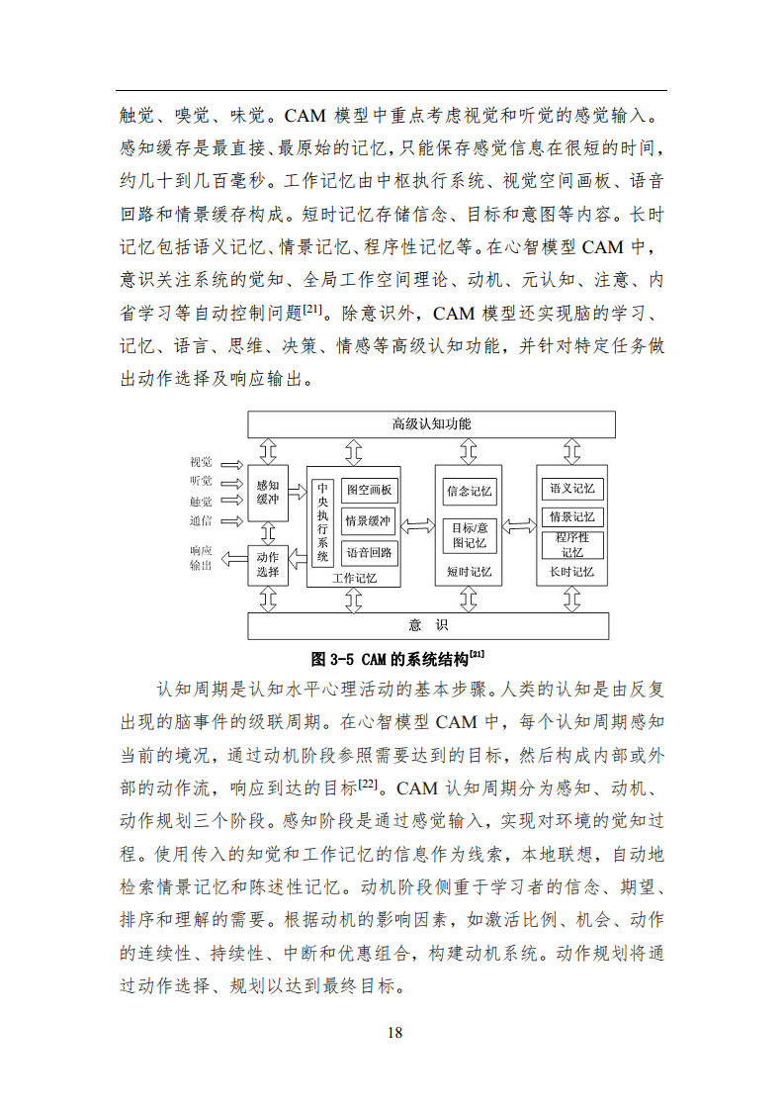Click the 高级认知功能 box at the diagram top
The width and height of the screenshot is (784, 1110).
point(431,423)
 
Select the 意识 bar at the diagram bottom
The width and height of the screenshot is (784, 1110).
point(428,625)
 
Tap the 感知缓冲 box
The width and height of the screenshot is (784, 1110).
point(267,493)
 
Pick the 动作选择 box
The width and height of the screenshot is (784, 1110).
point(267,564)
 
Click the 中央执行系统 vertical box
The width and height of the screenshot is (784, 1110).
point(322,523)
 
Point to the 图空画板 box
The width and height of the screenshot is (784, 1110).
point(368,490)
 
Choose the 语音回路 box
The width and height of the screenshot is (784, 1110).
point(368,552)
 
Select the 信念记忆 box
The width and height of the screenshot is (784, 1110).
point(470,491)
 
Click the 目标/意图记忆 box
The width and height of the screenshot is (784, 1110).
point(470,535)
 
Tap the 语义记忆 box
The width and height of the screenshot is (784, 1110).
point(571,489)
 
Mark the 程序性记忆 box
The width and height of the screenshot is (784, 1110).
point(571,544)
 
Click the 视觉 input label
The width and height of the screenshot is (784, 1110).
point(201,462)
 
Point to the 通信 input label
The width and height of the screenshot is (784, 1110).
point(201,520)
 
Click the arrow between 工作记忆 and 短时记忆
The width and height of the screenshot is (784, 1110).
point(417,525)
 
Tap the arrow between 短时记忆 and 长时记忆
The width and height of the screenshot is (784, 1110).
point(519,525)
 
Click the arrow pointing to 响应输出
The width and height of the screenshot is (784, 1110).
point(233,560)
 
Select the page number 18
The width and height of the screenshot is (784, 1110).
point(394,1033)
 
